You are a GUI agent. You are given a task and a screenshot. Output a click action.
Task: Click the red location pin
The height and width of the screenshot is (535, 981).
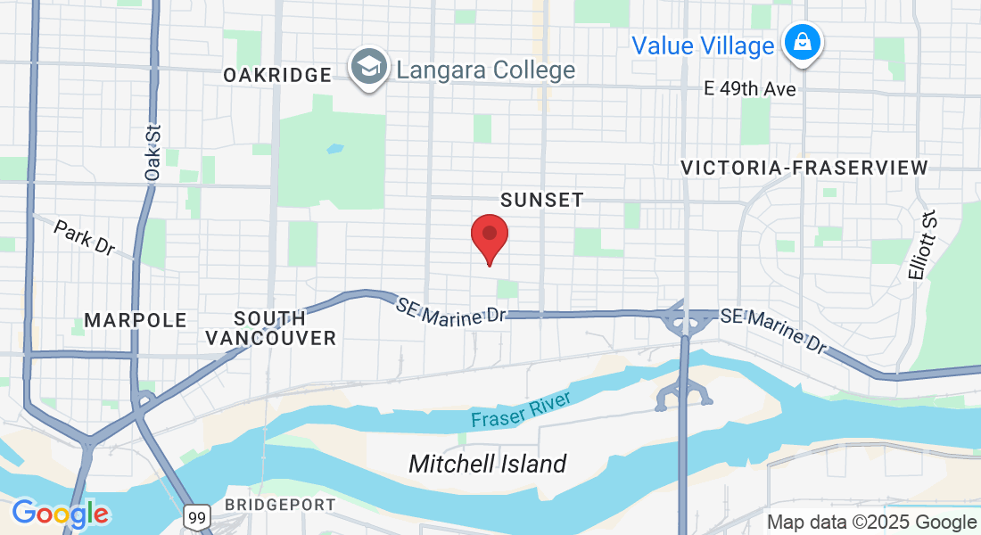pos(490,236)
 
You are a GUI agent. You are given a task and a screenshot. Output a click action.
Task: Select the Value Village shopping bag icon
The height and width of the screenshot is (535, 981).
pos(803,42)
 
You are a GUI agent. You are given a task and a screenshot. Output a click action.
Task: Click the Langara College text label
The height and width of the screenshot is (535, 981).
pos(486,70)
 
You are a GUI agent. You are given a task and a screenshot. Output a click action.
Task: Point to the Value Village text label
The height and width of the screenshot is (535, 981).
pos(703,45)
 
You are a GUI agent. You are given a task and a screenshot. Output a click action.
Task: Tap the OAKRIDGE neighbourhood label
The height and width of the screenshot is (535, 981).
pos(277,76)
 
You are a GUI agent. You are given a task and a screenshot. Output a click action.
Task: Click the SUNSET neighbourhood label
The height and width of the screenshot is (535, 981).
pos(542,200)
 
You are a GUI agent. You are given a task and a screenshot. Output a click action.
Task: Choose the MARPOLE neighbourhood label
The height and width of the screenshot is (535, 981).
pos(136,320)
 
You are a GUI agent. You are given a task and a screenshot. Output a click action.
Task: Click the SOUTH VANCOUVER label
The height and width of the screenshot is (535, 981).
pos(271,328)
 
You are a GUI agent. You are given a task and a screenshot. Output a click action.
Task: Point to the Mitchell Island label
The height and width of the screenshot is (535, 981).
pos(487,464)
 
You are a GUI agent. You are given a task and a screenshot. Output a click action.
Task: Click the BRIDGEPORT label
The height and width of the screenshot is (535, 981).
pos(280,505)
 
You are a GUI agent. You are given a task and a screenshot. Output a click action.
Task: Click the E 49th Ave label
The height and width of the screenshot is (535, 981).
pos(750,89)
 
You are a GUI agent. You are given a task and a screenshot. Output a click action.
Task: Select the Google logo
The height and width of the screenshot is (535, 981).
pos(60,514)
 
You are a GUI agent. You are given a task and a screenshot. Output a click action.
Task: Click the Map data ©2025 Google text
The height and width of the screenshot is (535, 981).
pos(872,523)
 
